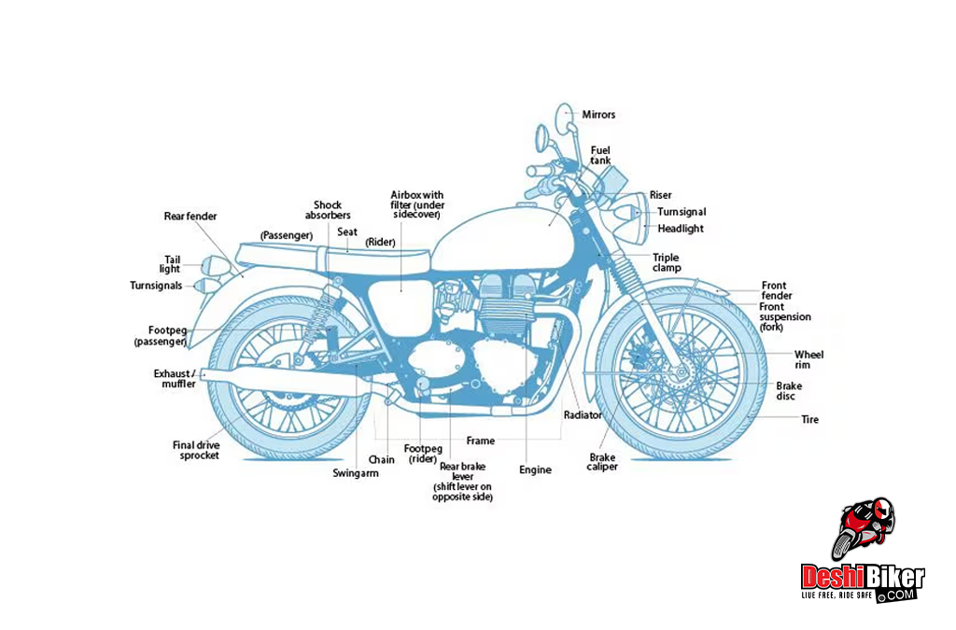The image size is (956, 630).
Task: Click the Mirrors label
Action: point(598,115)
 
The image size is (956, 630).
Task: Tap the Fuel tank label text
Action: point(600,155)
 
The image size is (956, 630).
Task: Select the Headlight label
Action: point(680,229)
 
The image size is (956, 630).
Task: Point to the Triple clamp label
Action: point(667,262)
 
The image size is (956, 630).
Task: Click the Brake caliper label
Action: point(602,462)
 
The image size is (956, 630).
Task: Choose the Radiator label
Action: point(583,414)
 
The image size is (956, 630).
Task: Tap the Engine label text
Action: point(536,470)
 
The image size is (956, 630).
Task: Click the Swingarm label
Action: point(356,473)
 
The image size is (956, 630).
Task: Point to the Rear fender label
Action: point(190,217)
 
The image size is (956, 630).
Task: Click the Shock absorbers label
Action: point(328,210)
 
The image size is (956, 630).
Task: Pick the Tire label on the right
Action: point(809,420)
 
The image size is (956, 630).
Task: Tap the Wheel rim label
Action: point(808,359)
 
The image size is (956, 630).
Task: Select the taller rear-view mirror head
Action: point(565,119)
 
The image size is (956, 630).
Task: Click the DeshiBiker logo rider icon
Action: point(865,528)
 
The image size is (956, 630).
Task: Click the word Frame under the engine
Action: point(481,441)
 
